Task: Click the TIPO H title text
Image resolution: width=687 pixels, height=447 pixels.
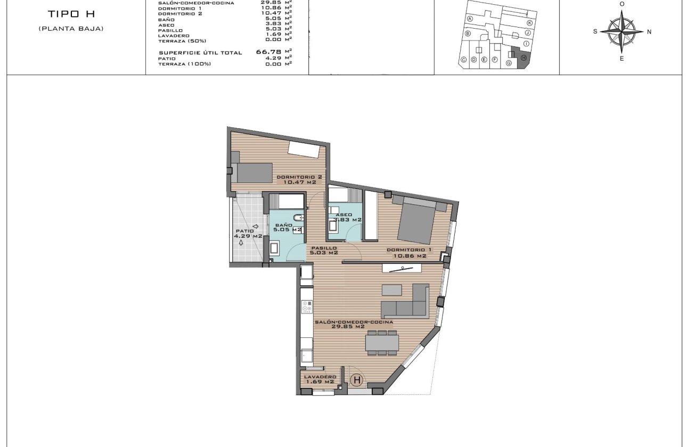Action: pos(71,14)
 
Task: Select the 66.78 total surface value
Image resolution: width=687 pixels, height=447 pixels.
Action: pos(269,52)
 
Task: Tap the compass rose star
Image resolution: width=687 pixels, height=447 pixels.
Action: pos(621,31)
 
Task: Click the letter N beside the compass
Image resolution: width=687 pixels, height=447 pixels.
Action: pos(649,31)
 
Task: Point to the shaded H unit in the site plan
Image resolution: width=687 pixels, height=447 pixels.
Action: pos(523,57)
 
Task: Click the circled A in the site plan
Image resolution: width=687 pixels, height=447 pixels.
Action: pos(470,18)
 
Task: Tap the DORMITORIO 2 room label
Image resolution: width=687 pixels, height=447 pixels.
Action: pos(299,179)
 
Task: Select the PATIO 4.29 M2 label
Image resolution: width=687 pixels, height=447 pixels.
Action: pos(249,233)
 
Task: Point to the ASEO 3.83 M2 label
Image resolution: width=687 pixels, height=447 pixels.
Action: pos(347,217)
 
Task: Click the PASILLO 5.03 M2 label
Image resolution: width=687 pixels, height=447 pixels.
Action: pos(324,250)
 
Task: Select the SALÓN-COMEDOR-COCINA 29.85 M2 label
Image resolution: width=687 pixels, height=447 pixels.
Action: pos(354,325)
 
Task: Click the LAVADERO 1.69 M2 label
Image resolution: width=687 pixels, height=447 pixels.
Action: pos(318,378)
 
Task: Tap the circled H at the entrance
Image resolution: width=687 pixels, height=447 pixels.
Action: pos(357,380)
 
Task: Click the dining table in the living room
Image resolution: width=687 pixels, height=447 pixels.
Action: pos(382,341)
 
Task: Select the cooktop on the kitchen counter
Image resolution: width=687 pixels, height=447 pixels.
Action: pos(307,308)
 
